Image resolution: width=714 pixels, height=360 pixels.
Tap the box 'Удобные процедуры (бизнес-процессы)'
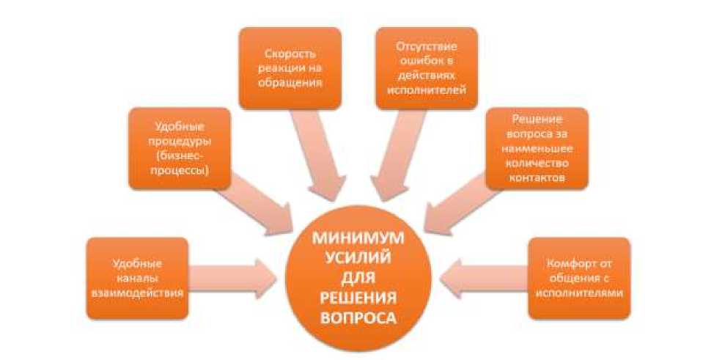click(x=178, y=149)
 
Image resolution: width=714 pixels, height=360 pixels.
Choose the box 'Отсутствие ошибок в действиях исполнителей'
click(x=426, y=68)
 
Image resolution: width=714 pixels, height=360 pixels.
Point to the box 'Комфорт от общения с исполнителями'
click(x=579, y=277)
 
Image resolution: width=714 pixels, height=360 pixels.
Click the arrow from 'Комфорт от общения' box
click(x=484, y=277)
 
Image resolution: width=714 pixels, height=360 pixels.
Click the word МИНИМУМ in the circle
click(x=357, y=239)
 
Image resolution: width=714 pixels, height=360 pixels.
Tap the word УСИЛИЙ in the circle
click(x=357, y=259)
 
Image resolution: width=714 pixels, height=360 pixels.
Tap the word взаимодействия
click(x=138, y=292)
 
